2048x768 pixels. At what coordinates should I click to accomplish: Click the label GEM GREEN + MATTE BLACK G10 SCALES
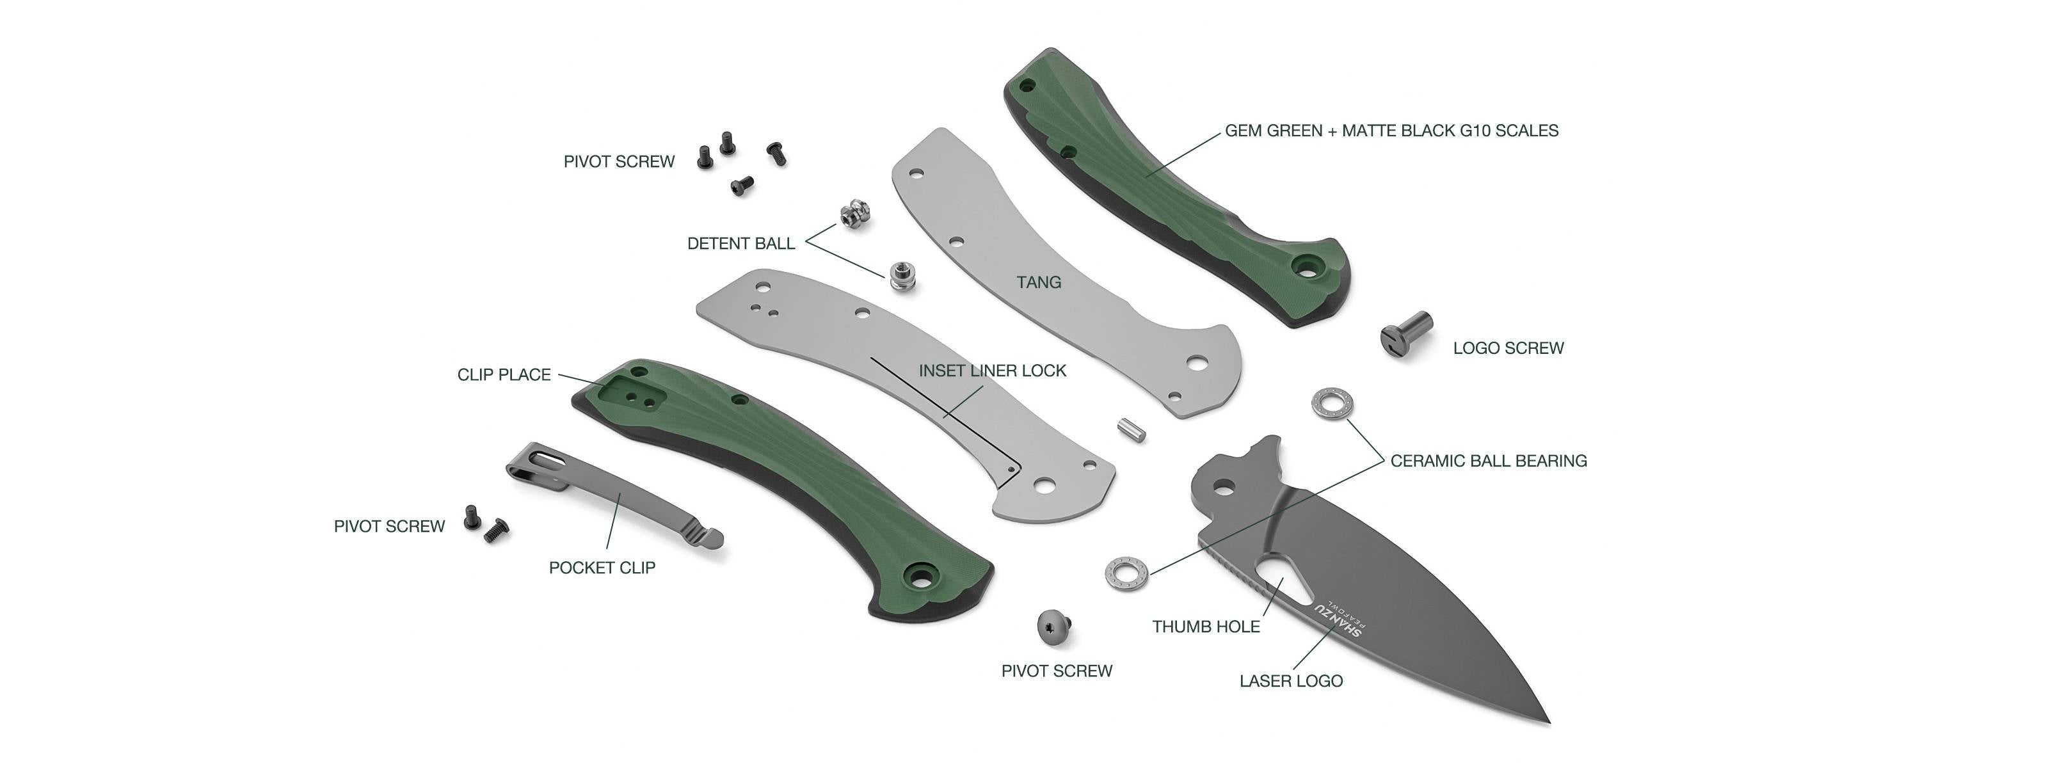pos(1391,131)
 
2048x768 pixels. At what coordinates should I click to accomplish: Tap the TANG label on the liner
pos(1038,282)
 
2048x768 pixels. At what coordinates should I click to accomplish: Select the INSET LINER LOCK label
pos(992,371)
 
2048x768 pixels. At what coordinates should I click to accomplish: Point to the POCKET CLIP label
pos(602,568)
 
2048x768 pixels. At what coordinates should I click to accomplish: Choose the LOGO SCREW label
pos(1507,348)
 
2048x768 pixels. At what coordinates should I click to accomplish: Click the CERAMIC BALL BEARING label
pos(1487,461)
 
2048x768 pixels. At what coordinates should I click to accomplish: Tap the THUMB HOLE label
pos(1205,627)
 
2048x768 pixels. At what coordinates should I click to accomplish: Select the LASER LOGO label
pos(1290,682)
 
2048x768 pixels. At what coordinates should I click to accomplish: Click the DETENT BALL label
pos(740,244)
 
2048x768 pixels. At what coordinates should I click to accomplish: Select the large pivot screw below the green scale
pos(1054,627)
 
